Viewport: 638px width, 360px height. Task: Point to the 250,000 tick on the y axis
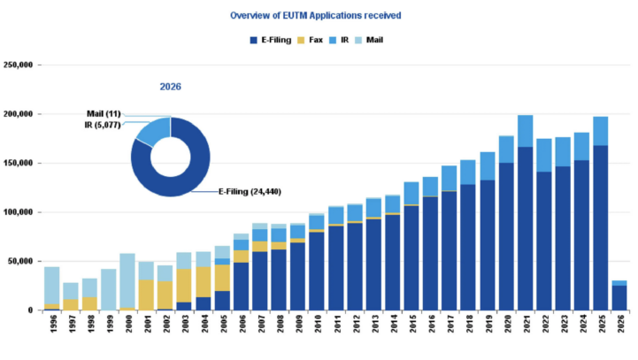(19, 65)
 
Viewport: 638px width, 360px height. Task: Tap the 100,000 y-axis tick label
(19, 212)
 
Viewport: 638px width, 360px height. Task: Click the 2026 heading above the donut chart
(171, 87)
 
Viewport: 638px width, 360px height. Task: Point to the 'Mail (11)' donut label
(104, 114)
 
